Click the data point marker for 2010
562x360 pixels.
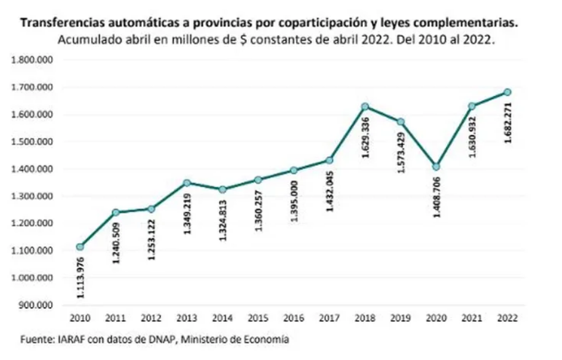(80, 247)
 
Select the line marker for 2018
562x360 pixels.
(365, 107)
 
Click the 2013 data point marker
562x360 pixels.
(187, 183)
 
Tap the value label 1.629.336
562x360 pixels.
(366, 136)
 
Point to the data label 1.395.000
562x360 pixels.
(295, 200)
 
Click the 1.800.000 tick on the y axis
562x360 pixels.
(34, 60)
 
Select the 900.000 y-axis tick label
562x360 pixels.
(38, 305)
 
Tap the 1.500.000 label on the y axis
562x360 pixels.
(34, 142)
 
